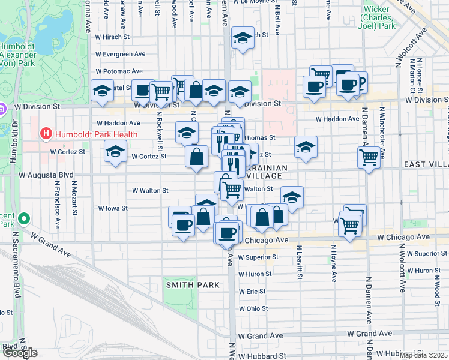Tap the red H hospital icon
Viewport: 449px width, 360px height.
click(x=45, y=134)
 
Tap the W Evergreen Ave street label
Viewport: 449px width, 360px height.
click(x=120, y=54)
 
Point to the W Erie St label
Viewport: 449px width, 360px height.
click(x=252, y=291)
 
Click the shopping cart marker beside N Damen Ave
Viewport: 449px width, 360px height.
click(x=369, y=157)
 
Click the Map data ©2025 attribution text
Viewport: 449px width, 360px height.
click(x=424, y=355)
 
